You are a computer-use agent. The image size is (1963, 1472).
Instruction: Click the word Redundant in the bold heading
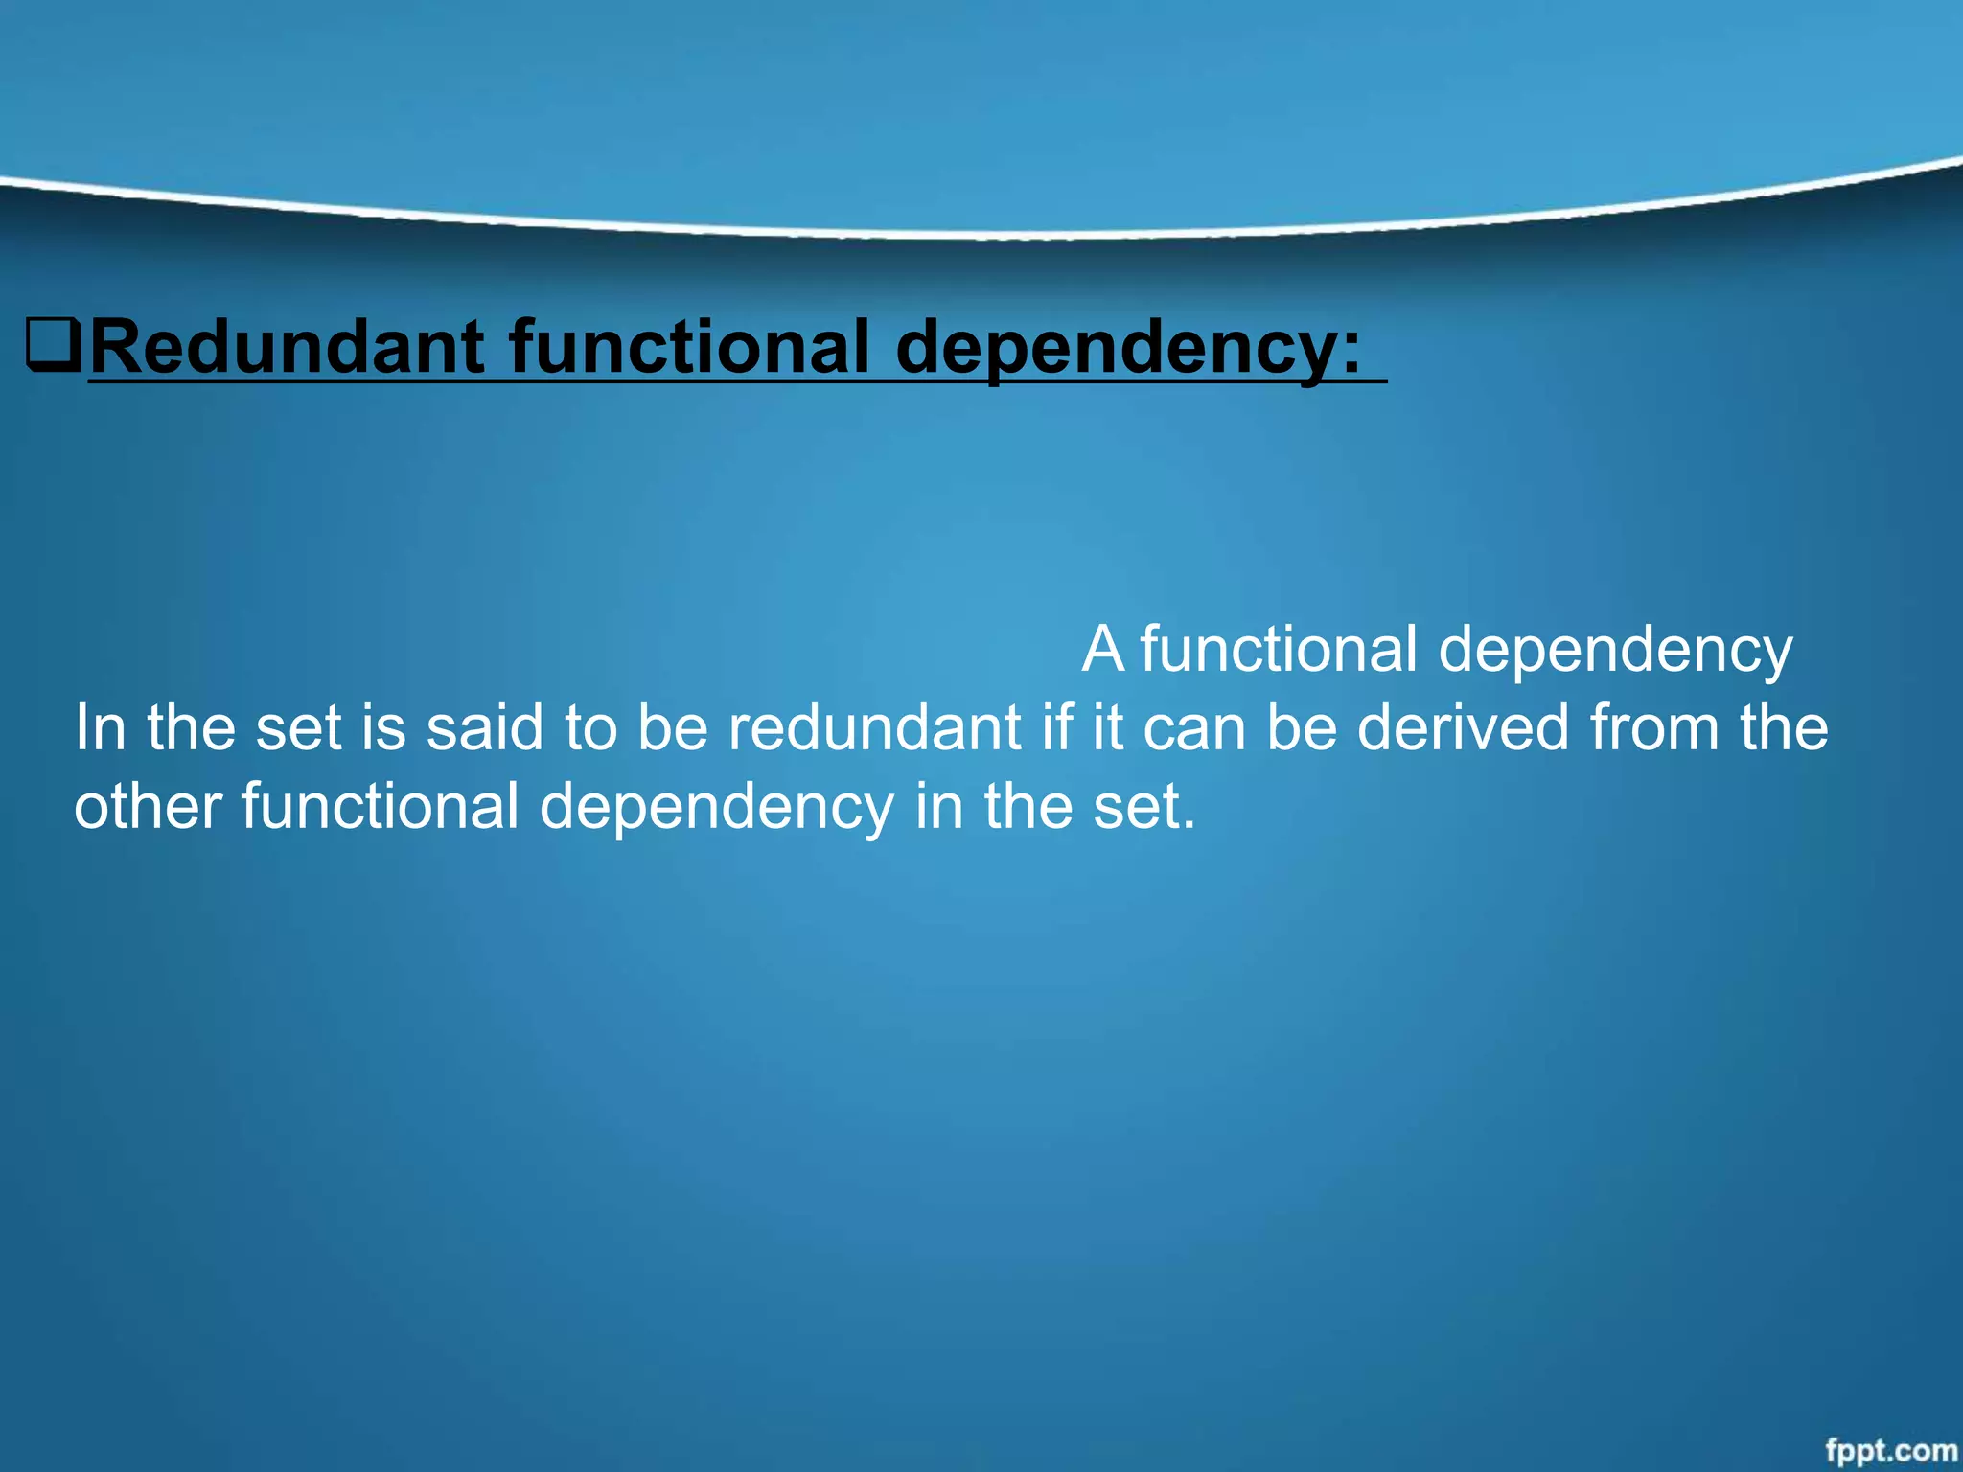(288, 347)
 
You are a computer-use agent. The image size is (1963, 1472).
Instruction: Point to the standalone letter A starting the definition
(1102, 650)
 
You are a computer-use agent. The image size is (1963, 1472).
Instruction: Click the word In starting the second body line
(100, 727)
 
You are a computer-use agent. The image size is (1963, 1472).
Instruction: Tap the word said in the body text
(485, 727)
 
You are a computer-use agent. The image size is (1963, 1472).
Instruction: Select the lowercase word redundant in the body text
(875, 727)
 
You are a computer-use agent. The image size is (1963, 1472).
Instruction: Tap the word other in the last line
(149, 806)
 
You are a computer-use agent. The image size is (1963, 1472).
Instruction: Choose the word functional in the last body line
(380, 806)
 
